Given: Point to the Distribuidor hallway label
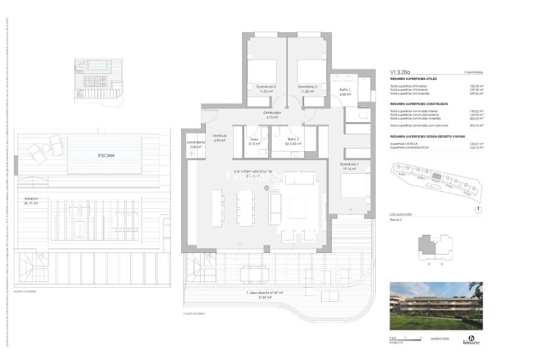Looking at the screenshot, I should point(272,113).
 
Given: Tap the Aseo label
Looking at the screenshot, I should point(254,139).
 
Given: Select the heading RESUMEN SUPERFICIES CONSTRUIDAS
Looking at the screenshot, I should point(419,103).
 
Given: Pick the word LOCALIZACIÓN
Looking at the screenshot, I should point(402,215).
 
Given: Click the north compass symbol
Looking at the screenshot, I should point(479,209).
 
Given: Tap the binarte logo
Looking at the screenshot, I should point(470,340).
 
